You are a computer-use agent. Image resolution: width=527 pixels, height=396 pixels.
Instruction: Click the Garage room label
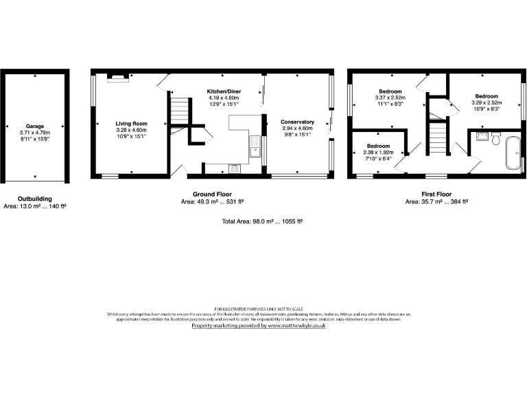click(35, 126)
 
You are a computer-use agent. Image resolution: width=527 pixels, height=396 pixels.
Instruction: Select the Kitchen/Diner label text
click(224, 91)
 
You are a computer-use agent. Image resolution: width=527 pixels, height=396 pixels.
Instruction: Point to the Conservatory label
click(297, 122)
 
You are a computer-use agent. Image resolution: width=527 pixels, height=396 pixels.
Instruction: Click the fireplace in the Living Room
click(117, 78)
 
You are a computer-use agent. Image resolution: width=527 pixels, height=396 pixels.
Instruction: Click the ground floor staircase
click(178, 110)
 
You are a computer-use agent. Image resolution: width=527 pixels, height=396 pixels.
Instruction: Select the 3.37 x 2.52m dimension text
click(390, 98)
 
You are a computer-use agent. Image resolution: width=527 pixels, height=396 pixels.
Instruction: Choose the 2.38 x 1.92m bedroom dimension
click(377, 153)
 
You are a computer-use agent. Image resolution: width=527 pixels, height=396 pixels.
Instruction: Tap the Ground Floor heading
click(211, 195)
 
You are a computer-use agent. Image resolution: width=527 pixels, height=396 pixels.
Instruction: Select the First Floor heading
click(436, 195)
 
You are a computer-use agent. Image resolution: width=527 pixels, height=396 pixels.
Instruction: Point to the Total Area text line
click(263, 221)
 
